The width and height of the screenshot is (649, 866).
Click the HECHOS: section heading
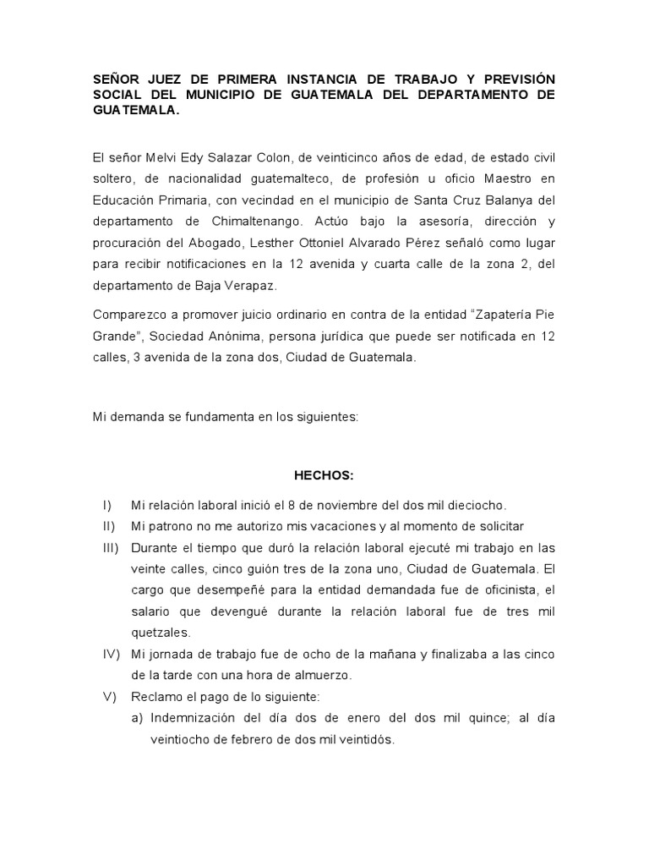[x=324, y=475]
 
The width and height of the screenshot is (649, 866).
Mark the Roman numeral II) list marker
[x=108, y=526]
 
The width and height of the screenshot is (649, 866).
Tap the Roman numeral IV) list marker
[x=110, y=654]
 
